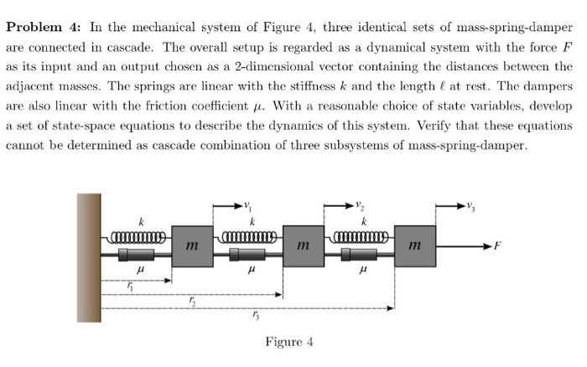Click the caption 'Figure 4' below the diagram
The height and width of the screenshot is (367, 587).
coord(288,342)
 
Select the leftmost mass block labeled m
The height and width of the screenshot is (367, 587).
coord(192,246)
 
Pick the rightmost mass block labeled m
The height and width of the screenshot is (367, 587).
coord(415,246)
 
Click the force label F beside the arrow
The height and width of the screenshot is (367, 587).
coord(498,248)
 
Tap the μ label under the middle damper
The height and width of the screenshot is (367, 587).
coord(252,271)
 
